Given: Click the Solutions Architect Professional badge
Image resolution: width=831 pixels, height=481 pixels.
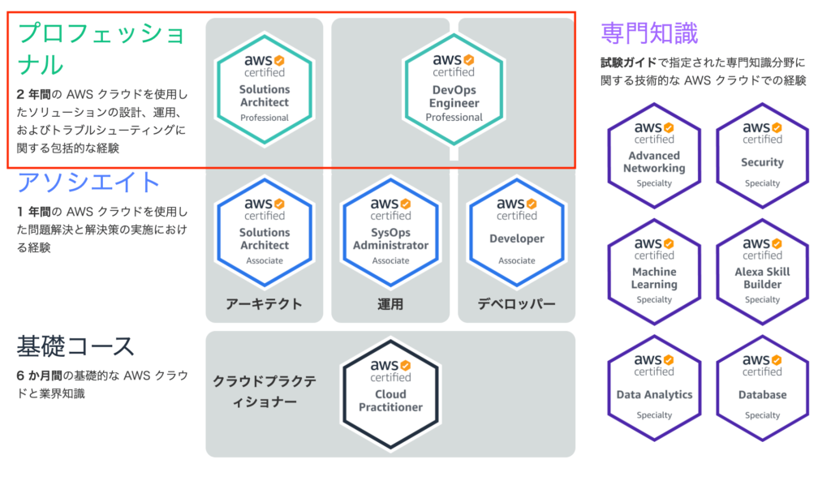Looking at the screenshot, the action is (265, 89).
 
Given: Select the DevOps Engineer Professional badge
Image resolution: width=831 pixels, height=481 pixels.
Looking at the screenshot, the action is (454, 89).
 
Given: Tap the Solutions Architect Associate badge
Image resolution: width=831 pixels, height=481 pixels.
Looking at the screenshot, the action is (265, 232).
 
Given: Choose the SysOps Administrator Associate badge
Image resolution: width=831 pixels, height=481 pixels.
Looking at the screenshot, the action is (390, 232).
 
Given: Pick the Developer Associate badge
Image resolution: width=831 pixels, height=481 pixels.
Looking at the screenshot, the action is (517, 232).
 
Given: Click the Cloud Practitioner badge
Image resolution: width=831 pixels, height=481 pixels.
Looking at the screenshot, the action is (390, 393).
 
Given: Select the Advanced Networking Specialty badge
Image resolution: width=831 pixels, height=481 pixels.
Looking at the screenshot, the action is (655, 155).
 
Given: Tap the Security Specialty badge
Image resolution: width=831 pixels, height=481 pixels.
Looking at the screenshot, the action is (763, 155).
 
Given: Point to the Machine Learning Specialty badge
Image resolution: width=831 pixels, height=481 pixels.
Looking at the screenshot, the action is (655, 272).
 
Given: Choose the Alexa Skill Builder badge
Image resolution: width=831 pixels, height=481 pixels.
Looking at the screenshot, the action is (763, 272).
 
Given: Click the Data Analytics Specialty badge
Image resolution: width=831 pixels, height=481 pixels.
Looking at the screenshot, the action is (655, 388).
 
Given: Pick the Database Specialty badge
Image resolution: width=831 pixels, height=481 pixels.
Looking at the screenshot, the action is (763, 388).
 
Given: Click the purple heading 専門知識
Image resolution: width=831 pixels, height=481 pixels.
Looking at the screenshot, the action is (649, 32).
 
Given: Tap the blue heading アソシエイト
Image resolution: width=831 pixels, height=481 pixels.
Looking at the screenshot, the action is (88, 183).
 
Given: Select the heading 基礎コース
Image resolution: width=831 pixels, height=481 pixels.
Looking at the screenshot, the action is (75, 346).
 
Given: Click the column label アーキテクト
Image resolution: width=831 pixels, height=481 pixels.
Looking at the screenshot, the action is (264, 304).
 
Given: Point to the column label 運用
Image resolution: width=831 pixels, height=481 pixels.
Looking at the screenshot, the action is (390, 304).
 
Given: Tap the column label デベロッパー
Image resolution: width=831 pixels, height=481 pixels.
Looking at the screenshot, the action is (517, 304).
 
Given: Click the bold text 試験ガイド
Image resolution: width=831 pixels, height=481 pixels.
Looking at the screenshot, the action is (629, 62).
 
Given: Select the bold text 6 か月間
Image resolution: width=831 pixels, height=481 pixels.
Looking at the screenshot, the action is (39, 376).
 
